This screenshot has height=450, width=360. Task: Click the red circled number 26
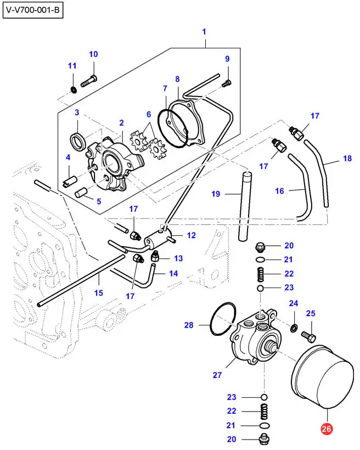pos(327,430)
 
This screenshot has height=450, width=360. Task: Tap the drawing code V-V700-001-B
pos(33,11)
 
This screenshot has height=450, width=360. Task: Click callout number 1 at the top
pos(204,32)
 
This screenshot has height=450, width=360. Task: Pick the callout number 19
pos(216,194)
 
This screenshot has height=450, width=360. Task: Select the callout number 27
pos(217,375)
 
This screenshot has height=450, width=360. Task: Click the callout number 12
pos(192,235)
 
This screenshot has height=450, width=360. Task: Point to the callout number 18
pos(347,159)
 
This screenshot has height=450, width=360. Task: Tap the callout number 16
pos(280,191)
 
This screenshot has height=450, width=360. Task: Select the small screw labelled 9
pos(227,82)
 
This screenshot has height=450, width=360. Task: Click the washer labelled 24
pos(294,328)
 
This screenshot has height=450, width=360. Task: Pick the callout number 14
pos(173,273)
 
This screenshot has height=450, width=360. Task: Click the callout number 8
pos(177,80)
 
